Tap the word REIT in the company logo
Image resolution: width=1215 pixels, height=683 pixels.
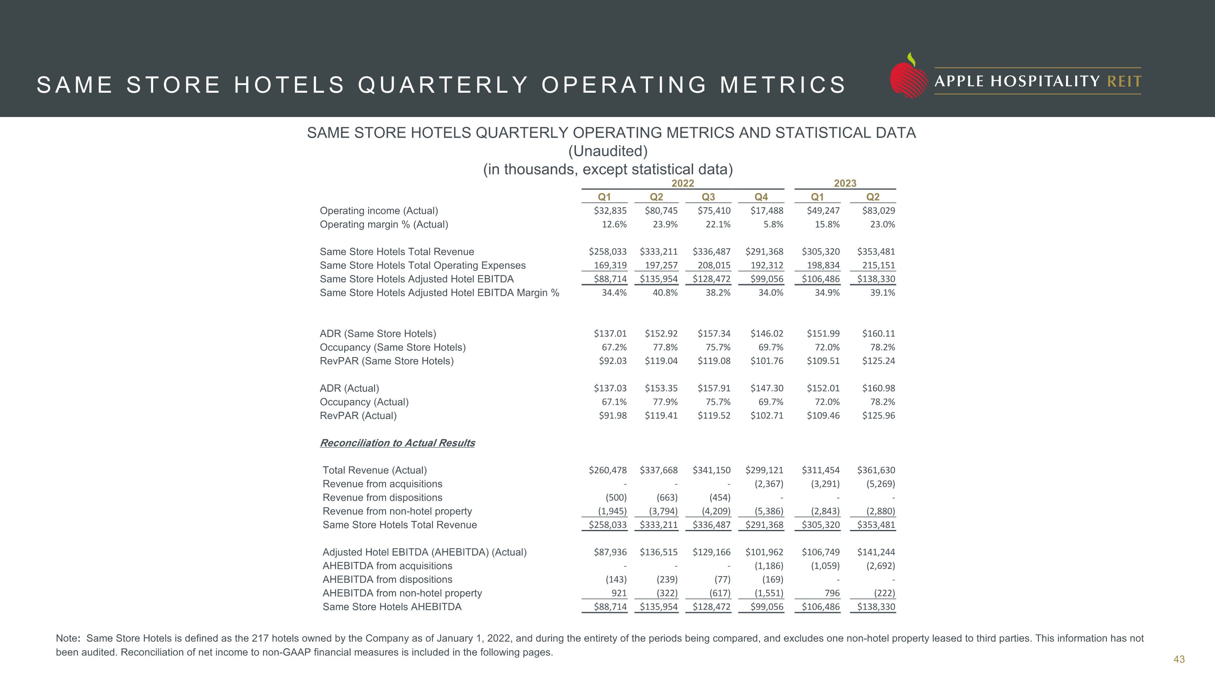click(1124, 81)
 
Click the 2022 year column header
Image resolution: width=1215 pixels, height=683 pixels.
click(682, 183)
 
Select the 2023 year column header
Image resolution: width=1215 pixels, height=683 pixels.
click(845, 183)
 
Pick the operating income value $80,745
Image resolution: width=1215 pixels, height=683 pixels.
click(661, 211)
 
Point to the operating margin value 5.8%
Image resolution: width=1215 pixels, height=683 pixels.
click(773, 224)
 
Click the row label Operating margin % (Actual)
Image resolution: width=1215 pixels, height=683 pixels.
click(384, 224)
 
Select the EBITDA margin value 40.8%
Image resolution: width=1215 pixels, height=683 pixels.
click(665, 293)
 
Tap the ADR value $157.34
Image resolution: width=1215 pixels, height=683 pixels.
click(714, 334)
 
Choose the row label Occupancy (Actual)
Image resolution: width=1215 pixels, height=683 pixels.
click(364, 402)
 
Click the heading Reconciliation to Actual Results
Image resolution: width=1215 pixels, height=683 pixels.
click(397, 443)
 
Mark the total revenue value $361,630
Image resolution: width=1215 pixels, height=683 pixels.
click(876, 470)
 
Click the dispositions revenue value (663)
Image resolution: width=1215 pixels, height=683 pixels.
click(667, 498)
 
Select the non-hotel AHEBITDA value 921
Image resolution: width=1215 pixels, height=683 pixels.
click(618, 594)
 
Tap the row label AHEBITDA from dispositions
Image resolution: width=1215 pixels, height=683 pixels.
click(387, 580)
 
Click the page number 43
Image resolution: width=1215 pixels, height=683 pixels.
click(1179, 660)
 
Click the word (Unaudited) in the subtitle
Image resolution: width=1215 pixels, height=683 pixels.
click(607, 151)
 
